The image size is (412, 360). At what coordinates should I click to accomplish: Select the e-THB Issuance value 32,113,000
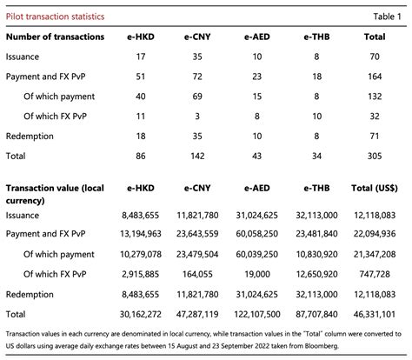coord(315,215)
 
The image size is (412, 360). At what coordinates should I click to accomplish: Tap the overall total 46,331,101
coord(376,313)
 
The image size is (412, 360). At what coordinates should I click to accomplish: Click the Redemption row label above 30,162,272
coord(32,293)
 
